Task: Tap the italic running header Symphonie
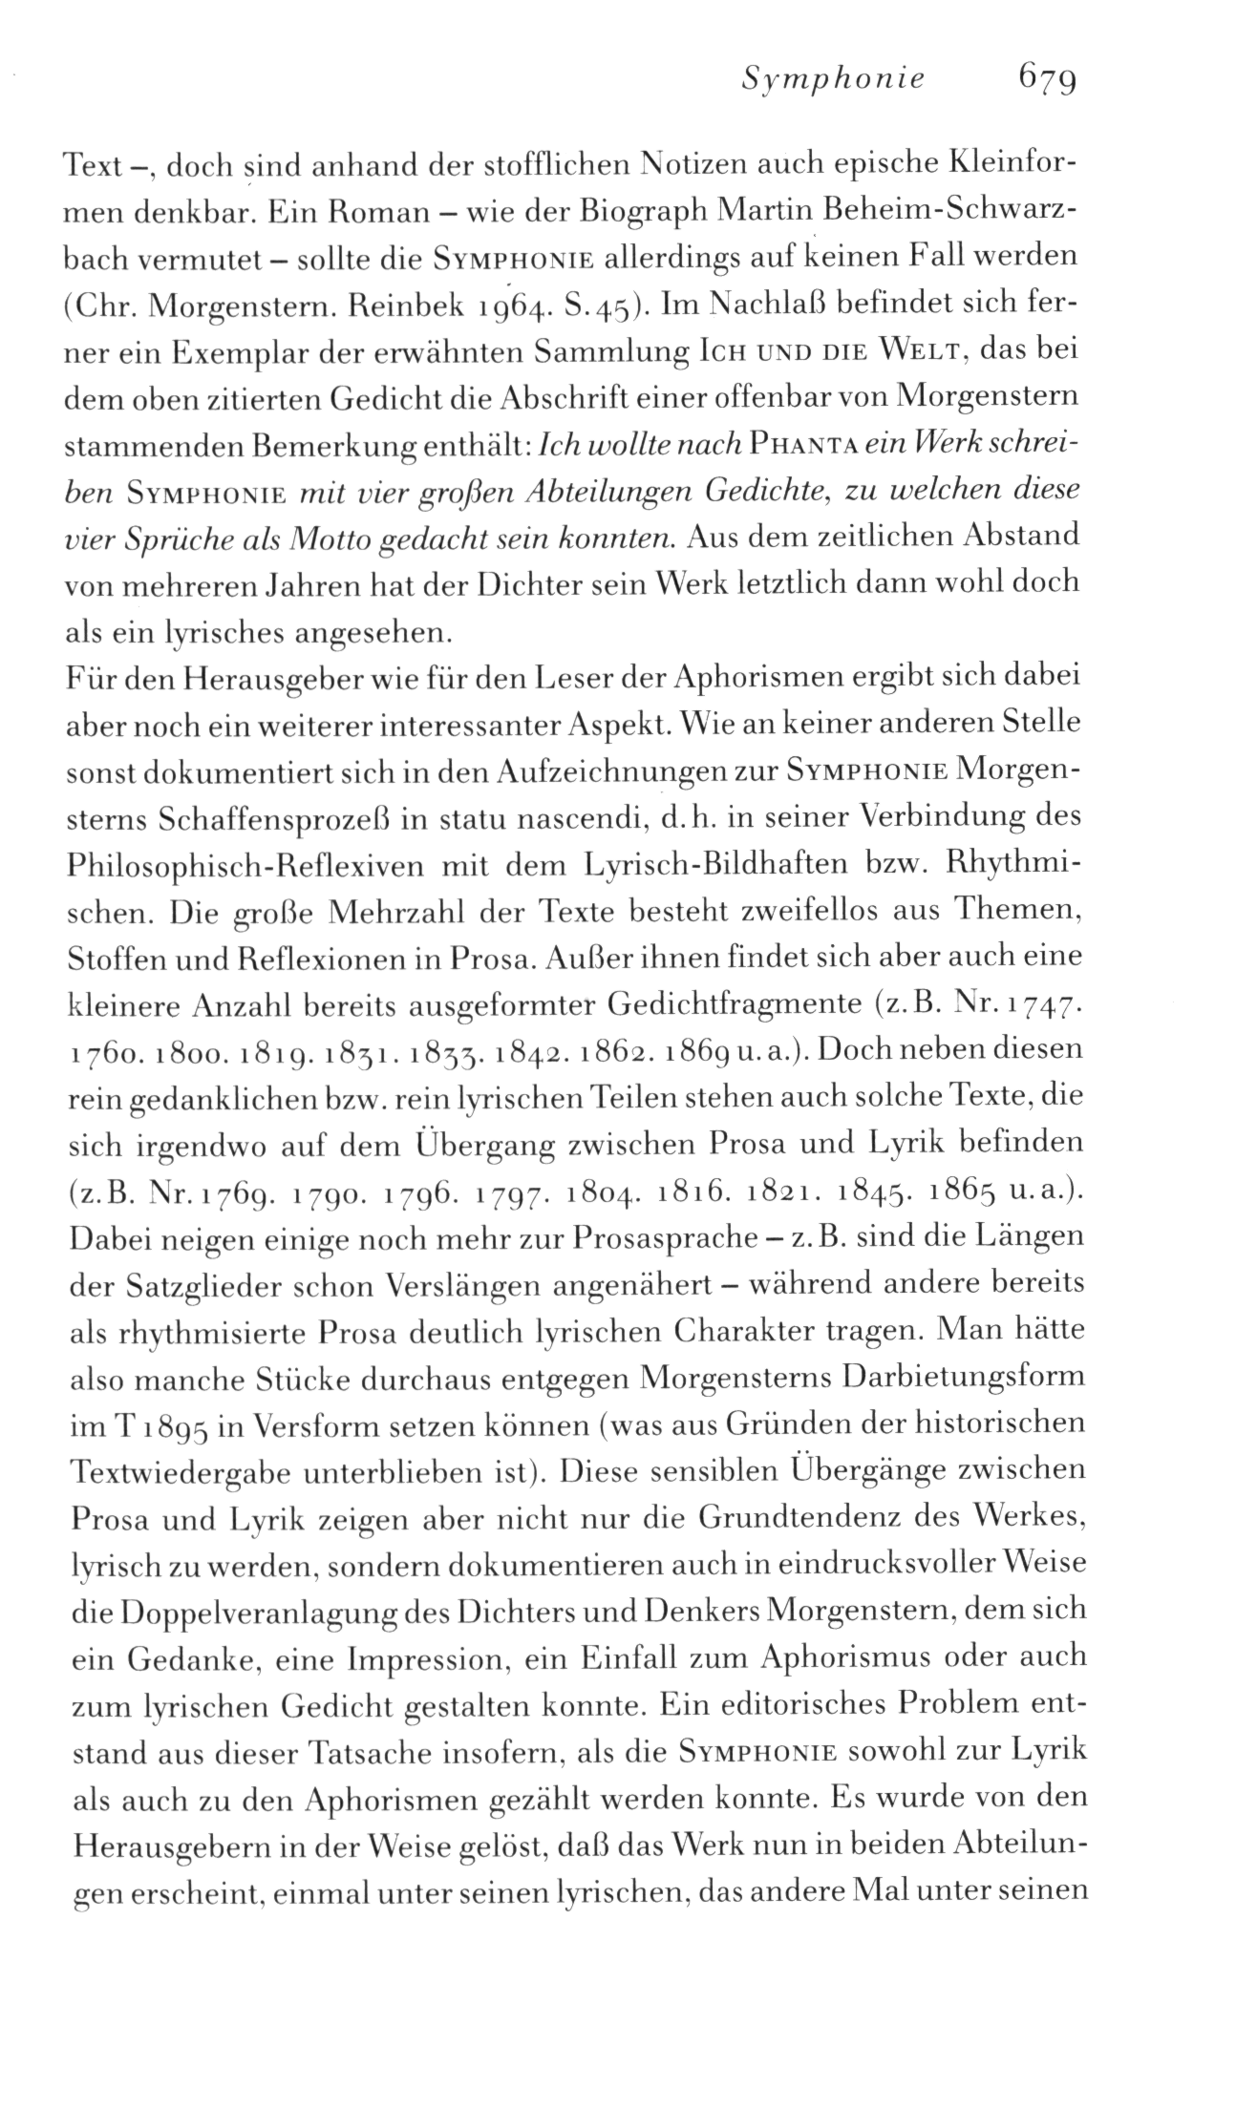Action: [834, 77]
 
